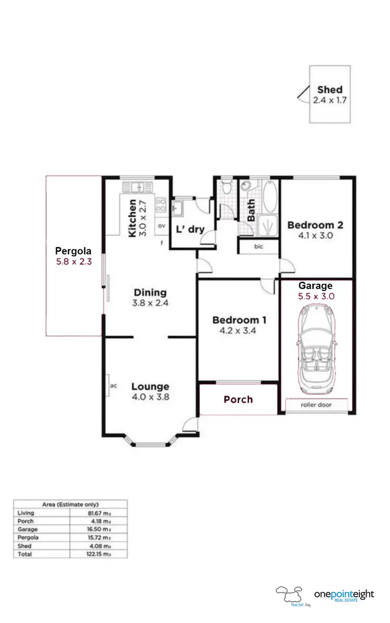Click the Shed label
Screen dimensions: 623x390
[x=330, y=89]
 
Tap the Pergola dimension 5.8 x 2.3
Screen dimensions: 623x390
[x=74, y=262]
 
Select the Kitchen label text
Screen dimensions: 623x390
[x=133, y=218]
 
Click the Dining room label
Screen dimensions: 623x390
[x=150, y=292]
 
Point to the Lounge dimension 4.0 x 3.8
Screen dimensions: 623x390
[x=150, y=396]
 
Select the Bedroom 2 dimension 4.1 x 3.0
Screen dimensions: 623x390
[x=315, y=235]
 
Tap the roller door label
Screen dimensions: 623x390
[x=316, y=405]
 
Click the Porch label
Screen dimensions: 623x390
[x=238, y=399]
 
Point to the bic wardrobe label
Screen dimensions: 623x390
[x=258, y=246]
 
